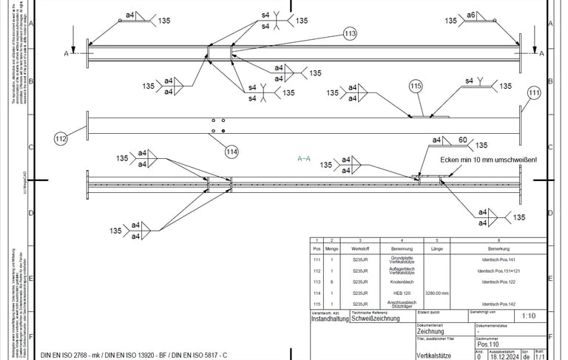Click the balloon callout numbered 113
350,33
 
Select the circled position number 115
416,86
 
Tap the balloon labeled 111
535,92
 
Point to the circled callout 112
61,137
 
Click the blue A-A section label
303,158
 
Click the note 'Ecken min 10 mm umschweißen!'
488,160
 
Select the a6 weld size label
471,15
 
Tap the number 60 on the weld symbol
463,140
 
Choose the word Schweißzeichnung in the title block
376,319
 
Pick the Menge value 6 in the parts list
332,282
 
